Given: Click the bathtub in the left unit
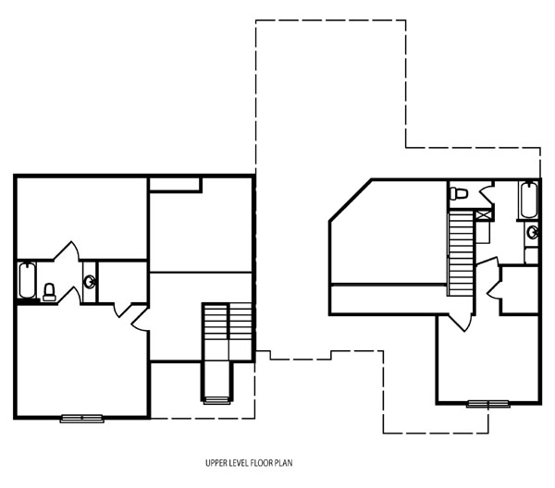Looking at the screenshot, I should pos(27,281).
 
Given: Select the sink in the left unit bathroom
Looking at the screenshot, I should pos(89,282).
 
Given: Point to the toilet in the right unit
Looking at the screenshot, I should pos(460,193).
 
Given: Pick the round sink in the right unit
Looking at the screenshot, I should pos(532,232).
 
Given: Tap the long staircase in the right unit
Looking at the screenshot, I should pos(460,247).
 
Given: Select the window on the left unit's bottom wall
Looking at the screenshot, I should pos(81,419).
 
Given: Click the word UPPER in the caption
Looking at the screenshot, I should pos(218,462).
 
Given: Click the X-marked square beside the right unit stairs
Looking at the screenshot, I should pos(483,214).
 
